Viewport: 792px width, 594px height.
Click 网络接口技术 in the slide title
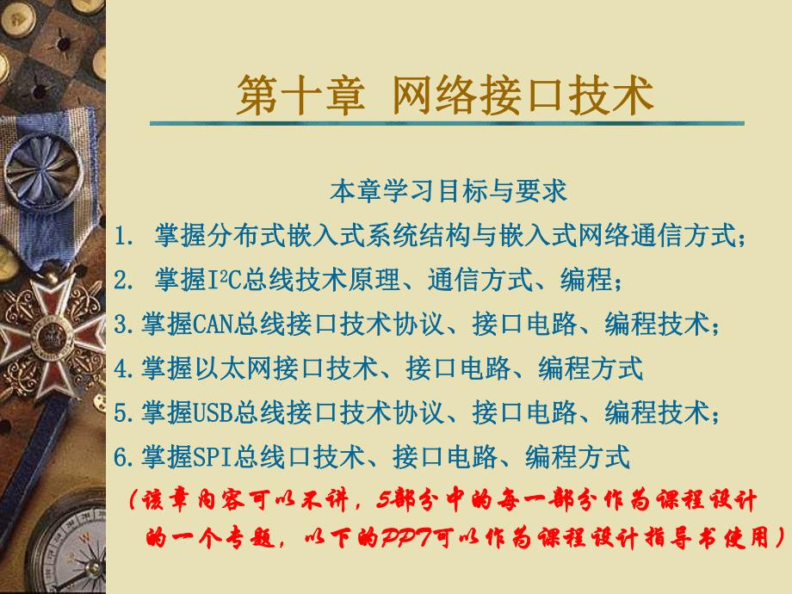point(523,96)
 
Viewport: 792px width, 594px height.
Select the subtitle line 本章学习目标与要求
point(449,190)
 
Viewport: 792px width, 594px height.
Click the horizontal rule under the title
point(448,124)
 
